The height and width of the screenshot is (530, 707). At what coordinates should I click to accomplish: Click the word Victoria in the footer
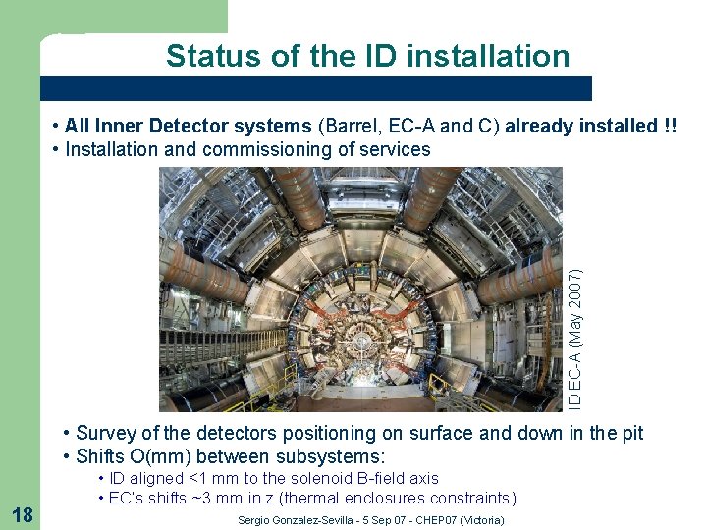(x=480, y=520)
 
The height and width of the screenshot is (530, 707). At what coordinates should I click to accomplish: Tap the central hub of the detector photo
(x=362, y=346)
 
